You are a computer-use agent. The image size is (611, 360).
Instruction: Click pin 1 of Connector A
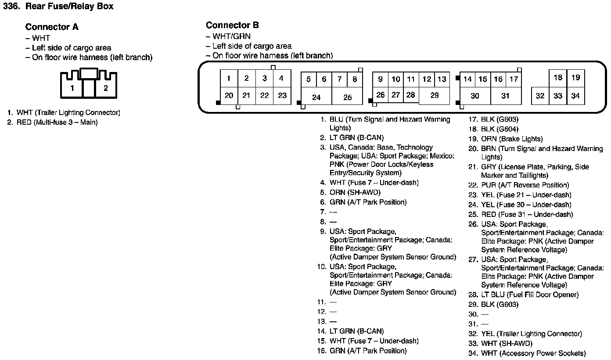click(72, 88)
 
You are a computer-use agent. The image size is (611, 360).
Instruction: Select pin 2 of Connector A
click(105, 88)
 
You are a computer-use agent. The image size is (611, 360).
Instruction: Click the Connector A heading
click(52, 27)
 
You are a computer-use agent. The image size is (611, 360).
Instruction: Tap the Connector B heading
click(232, 25)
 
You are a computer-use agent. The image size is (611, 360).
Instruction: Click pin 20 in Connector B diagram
click(229, 95)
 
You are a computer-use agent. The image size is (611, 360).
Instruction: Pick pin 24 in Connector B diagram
click(316, 97)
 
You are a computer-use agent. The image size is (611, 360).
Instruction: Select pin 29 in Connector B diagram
click(434, 95)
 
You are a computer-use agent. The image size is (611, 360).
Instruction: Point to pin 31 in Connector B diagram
click(505, 96)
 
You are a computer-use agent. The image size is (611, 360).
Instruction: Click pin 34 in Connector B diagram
click(575, 96)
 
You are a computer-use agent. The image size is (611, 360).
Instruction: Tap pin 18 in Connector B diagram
click(558, 78)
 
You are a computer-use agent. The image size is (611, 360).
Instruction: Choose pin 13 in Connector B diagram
click(442, 79)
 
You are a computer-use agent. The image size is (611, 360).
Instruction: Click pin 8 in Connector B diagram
click(355, 79)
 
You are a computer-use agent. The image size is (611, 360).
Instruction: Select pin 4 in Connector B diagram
click(281, 79)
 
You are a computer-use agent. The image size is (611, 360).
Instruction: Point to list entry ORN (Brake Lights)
click(512, 139)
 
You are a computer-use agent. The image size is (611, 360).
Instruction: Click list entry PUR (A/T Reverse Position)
click(525, 185)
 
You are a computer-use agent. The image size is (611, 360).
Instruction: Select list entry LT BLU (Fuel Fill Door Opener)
click(530, 295)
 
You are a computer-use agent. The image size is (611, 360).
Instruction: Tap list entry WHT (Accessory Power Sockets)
click(533, 353)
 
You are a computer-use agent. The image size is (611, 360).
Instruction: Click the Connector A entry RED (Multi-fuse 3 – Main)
click(57, 122)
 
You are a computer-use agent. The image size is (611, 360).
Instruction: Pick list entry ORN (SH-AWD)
click(355, 192)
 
